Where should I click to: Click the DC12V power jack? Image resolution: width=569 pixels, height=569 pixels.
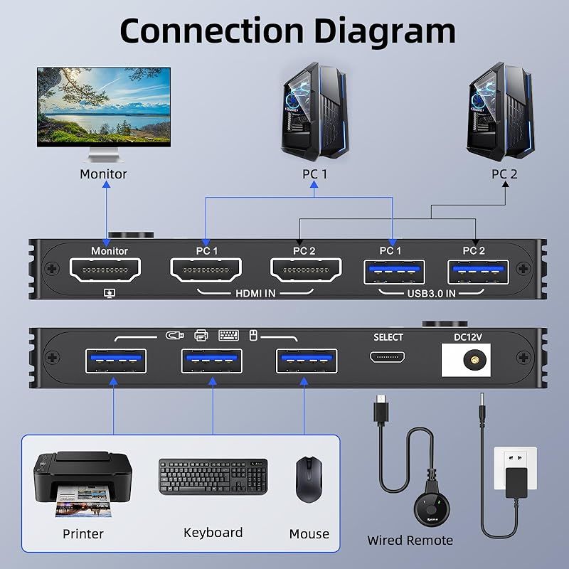471,360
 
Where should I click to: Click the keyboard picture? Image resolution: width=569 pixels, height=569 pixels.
213,477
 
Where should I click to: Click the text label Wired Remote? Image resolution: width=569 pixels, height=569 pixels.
410,541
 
